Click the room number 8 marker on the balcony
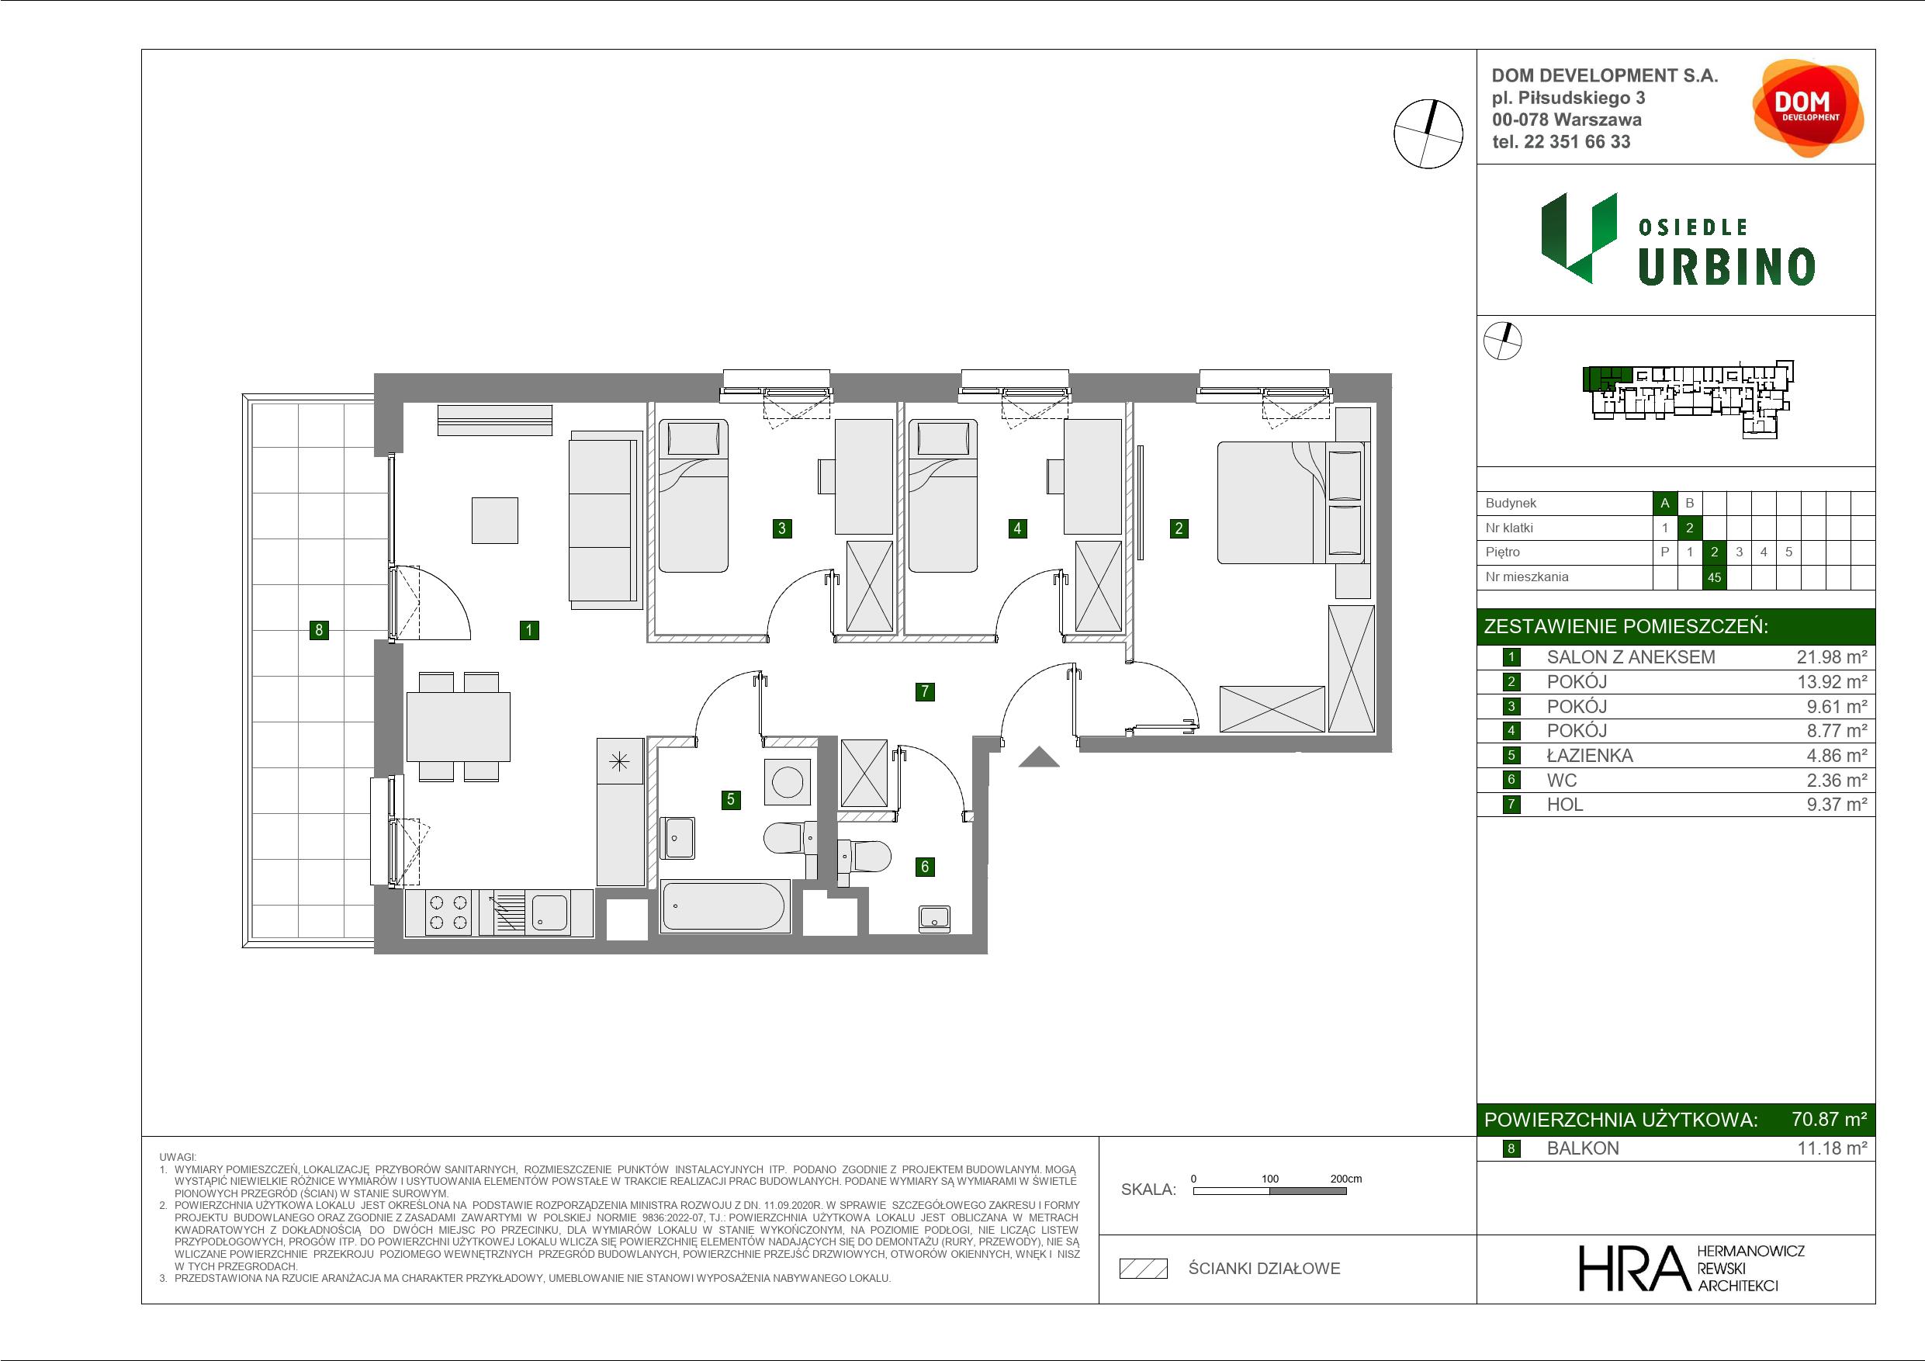(319, 630)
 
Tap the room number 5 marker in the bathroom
(731, 799)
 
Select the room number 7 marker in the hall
(925, 691)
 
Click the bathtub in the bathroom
(725, 906)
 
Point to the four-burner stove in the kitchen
(448, 913)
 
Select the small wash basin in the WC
(935, 918)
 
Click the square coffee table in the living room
(495, 520)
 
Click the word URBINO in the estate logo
(1726, 268)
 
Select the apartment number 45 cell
(1714, 577)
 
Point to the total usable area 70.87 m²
(1829, 1119)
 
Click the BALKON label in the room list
(1583, 1148)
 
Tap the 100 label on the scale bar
(1270, 1178)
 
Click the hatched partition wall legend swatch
(1144, 1269)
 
